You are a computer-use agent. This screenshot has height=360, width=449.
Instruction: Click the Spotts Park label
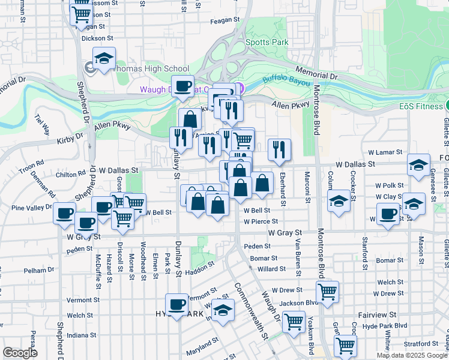pyautogui.click(x=267, y=42)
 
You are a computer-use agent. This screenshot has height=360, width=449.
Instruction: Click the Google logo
pyautogui.click(x=20, y=353)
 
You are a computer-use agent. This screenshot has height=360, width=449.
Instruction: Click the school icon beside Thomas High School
pyautogui.click(x=104, y=59)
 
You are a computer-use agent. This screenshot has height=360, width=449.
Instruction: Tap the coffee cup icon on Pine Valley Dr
pyautogui.click(x=64, y=213)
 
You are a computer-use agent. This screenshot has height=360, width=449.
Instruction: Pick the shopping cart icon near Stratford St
pyautogui.click(x=345, y=345)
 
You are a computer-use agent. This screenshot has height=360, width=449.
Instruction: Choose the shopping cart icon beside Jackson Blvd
pyautogui.click(x=327, y=292)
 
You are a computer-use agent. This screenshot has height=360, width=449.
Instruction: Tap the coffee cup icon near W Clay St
pyautogui.click(x=388, y=213)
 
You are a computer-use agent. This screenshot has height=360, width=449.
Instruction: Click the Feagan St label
pyautogui.click(x=225, y=20)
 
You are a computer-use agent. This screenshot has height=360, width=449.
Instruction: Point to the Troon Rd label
pyautogui.click(x=32, y=163)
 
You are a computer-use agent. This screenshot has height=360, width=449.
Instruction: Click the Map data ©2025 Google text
pyautogui.click(x=411, y=355)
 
